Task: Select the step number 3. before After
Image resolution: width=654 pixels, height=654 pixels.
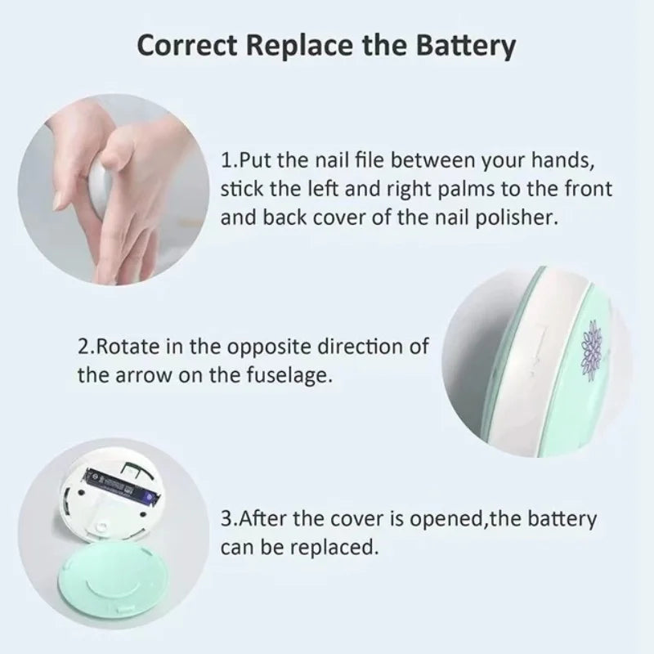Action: click(x=229, y=518)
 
